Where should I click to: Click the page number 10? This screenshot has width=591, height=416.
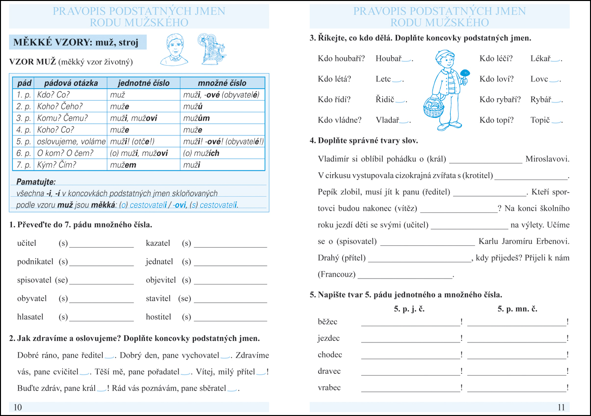click(x=18, y=407)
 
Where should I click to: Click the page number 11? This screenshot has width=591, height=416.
click(x=562, y=407)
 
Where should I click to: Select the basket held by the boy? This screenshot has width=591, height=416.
click(x=433, y=108)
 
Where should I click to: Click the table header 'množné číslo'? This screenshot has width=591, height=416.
click(x=222, y=83)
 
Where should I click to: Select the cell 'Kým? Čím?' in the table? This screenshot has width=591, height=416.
click(x=57, y=165)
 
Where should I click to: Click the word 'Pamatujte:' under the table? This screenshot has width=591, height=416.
click(x=36, y=182)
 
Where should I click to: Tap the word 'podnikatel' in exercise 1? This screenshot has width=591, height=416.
click(x=35, y=261)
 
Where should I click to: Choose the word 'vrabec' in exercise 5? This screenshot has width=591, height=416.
click(x=329, y=388)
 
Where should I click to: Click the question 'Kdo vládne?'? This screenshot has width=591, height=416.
click(x=340, y=120)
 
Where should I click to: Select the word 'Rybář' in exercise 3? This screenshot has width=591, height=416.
click(x=540, y=100)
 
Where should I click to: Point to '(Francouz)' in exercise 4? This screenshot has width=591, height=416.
click(x=337, y=274)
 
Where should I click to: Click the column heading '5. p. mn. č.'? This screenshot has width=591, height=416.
click(x=517, y=309)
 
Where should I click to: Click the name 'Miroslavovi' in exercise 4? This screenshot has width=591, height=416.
click(x=547, y=159)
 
